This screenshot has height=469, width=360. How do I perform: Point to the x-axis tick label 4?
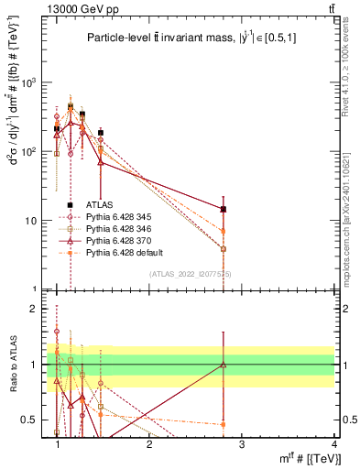tap(333, 444)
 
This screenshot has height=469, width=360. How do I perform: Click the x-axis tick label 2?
tap(149, 444)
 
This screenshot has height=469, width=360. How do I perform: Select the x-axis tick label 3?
tap(241, 444)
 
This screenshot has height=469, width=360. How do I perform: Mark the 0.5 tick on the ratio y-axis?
tap(32, 420)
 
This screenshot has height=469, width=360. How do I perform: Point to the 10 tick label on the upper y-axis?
tap(32, 221)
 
